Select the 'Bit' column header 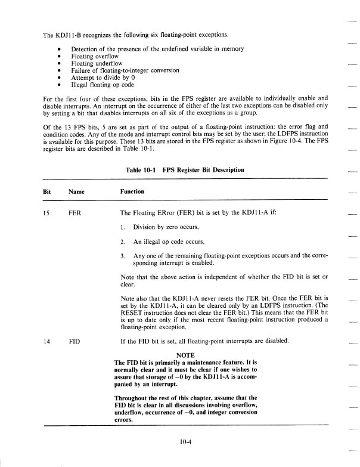pyautogui.click(x=47, y=191)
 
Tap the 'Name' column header pyautogui.click(x=76, y=191)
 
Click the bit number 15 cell pyautogui.click(x=47, y=212)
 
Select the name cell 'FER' pyautogui.click(x=76, y=212)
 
